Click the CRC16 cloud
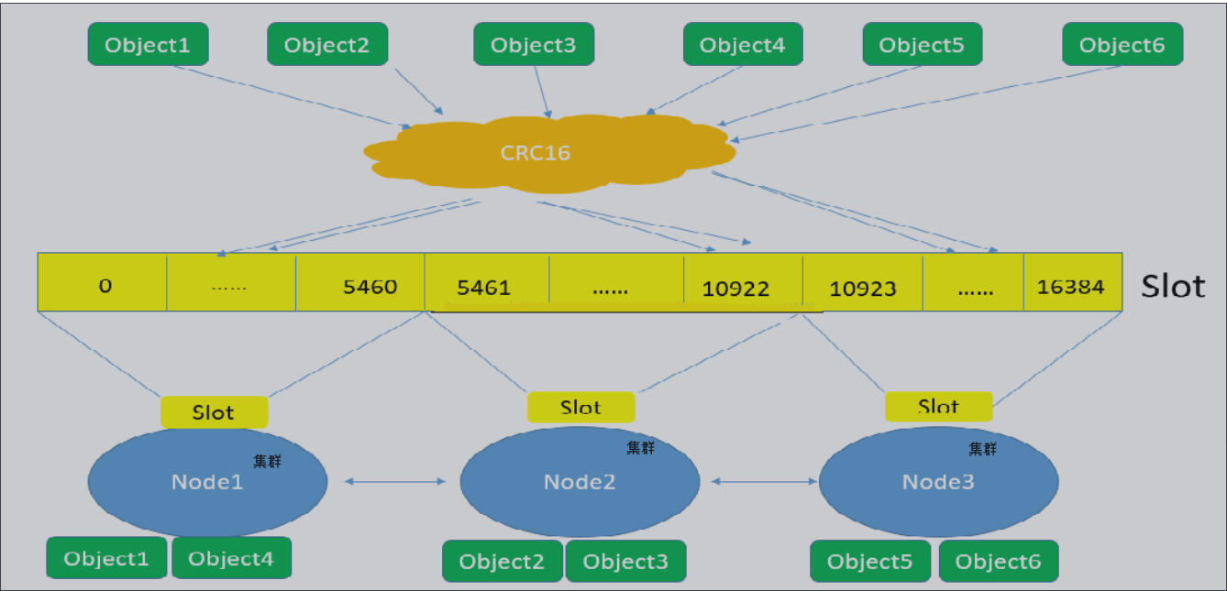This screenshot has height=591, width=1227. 547,152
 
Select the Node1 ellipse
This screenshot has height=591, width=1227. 207,481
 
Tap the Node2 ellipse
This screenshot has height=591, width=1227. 580,481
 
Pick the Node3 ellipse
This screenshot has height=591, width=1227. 938,481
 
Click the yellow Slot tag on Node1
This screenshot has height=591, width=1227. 214,412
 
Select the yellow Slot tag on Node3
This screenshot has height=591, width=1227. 938,406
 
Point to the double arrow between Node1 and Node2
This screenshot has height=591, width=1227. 393,481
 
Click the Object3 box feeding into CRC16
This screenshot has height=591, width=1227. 534,44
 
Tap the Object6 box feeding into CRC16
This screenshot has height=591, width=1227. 1122,44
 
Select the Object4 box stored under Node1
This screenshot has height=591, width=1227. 231,558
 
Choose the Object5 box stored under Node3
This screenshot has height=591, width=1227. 870,562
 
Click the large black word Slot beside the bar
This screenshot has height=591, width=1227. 1173,286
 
